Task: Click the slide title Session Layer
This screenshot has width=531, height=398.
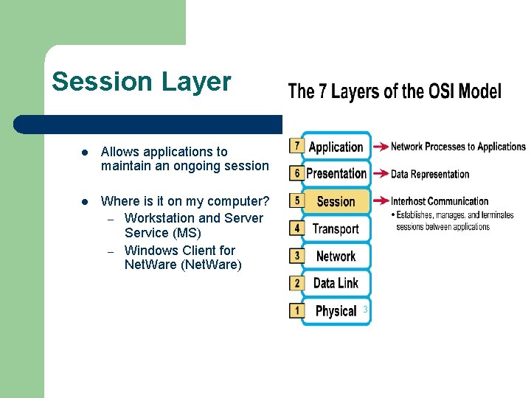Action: [x=142, y=82]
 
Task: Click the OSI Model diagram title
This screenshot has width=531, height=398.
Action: [x=394, y=92]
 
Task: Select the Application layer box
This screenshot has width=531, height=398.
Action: [x=336, y=147]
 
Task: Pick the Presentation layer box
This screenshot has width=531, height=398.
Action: [x=336, y=174]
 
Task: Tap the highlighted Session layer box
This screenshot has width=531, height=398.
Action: [x=336, y=201]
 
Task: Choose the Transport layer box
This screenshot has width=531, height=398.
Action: [x=336, y=228]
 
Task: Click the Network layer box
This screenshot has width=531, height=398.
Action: [x=336, y=256]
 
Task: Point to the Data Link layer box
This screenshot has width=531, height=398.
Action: [x=336, y=283]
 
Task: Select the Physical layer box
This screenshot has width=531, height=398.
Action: [x=336, y=310]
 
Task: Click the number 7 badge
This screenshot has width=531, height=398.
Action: [x=296, y=146]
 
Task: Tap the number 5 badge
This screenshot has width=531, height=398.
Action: [x=296, y=200]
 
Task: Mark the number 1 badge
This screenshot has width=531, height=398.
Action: [x=296, y=310]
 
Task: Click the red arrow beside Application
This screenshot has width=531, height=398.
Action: [x=380, y=147]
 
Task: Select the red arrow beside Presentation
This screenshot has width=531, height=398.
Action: [x=380, y=174]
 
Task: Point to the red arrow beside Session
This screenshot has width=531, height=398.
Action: [x=380, y=200]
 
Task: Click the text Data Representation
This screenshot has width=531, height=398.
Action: [x=430, y=175]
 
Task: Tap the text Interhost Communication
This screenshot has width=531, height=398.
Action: [x=440, y=201]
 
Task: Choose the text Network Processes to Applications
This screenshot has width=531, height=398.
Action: [x=458, y=147]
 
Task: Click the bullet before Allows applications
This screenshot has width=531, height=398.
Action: [x=86, y=153]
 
